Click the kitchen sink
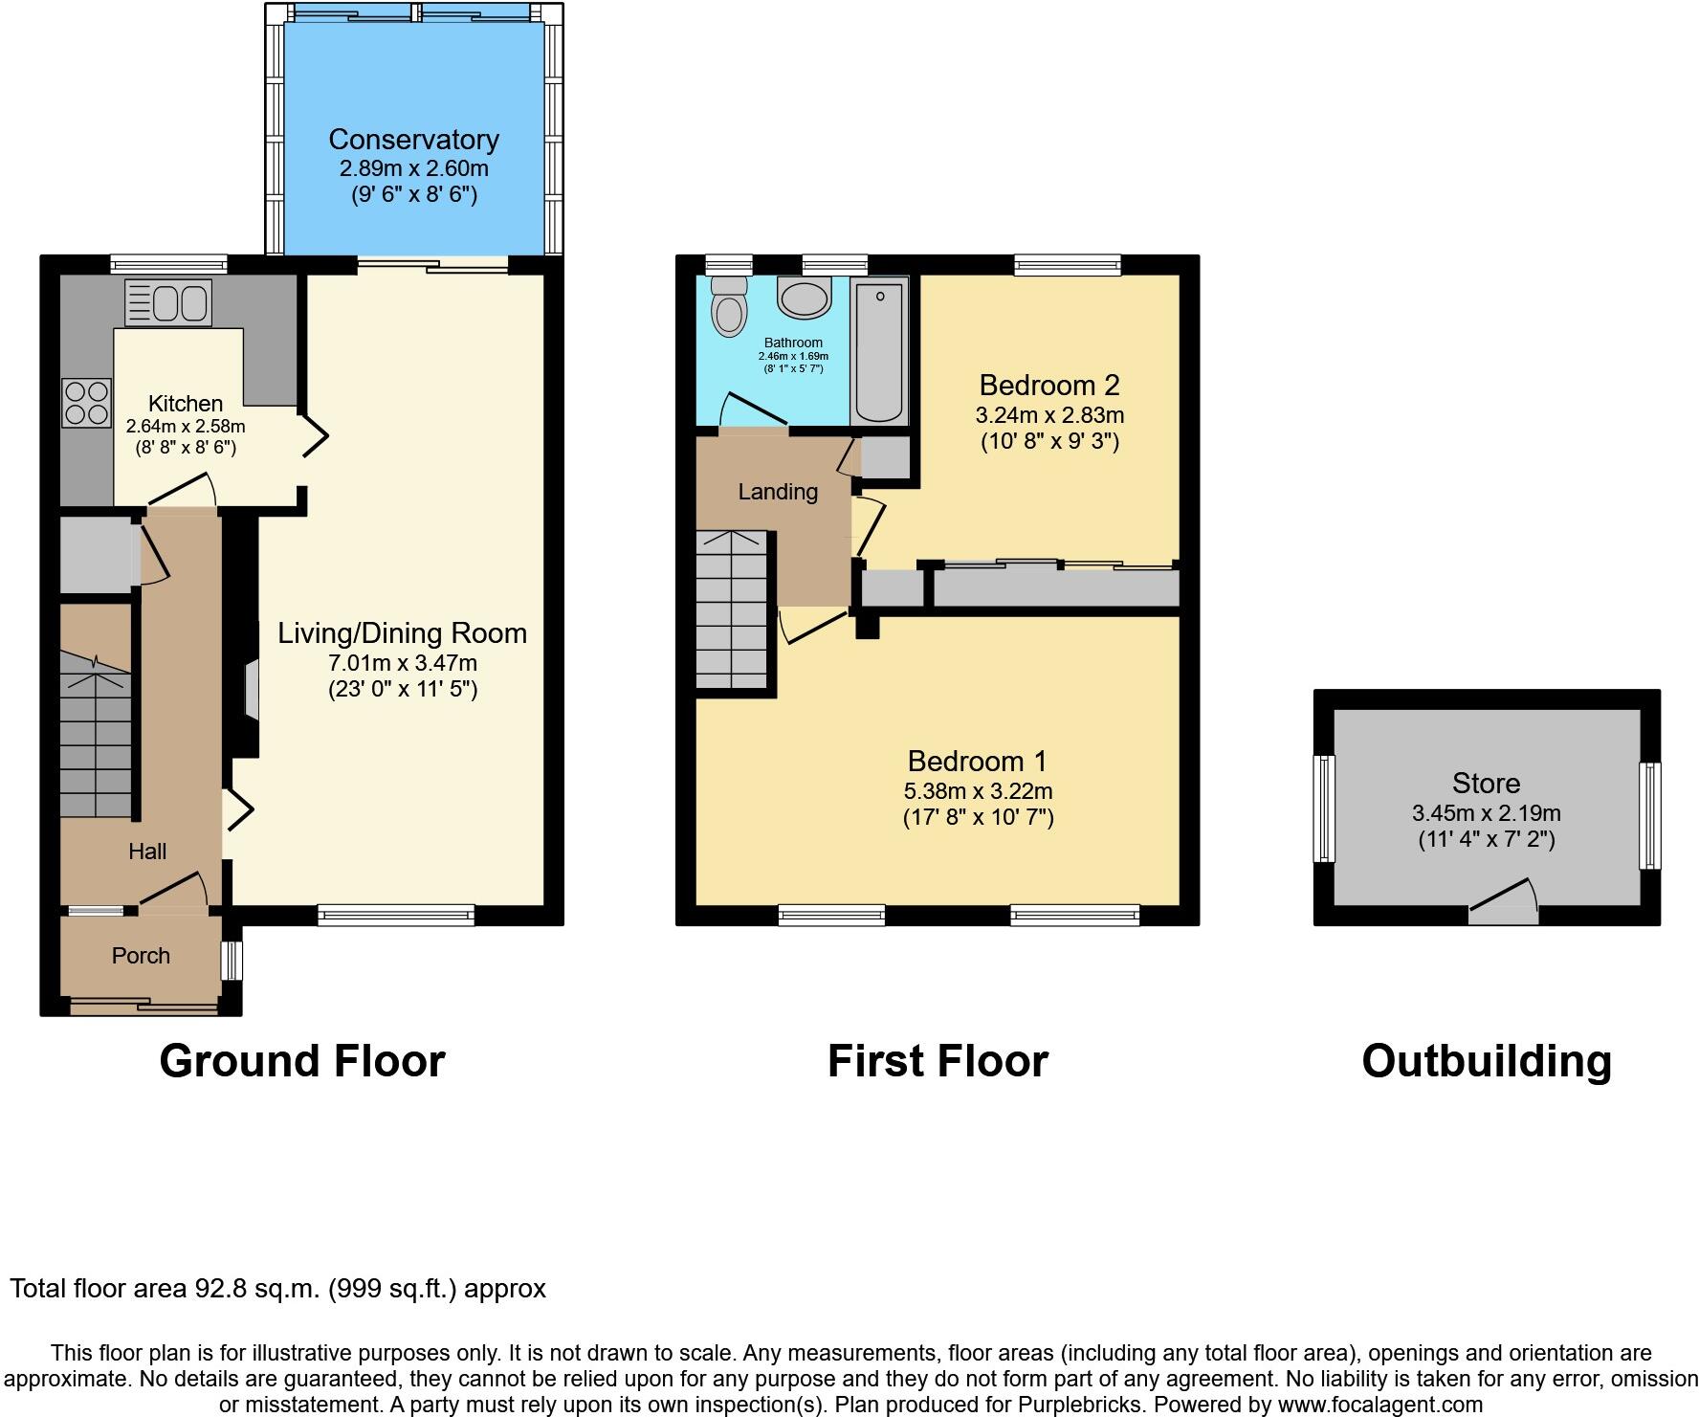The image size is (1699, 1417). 168,302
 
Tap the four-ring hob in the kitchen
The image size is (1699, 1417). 86,403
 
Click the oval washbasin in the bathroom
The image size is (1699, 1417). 804,299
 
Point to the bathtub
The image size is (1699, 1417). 879,351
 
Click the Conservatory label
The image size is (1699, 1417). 413,140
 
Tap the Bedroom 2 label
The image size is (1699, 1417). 1048,386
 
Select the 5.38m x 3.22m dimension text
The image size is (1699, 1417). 978,791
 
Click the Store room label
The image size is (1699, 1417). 1486,784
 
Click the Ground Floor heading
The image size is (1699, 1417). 302,1061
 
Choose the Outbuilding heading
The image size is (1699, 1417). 1486,1061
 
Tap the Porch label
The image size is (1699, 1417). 141,956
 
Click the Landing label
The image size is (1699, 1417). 778,492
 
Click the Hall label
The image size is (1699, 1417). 147,852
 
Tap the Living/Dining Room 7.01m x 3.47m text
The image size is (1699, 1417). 402,662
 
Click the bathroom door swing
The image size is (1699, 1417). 753,410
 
